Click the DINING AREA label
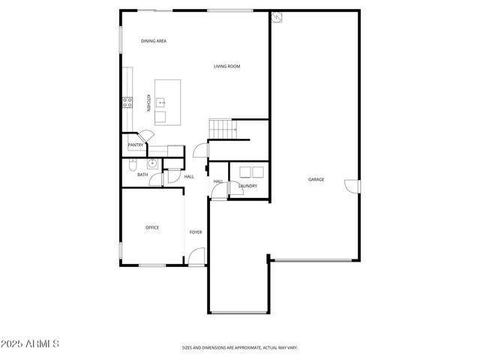coord(153,40)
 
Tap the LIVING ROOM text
coord(226,67)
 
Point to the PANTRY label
coord(136,145)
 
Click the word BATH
coord(142,175)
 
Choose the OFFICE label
coord(151,227)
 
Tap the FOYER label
coord(195,232)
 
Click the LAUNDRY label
coord(247,186)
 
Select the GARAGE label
coord(316,179)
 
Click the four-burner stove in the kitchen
coord(128,102)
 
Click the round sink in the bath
coord(151,163)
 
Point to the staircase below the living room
coord(221,129)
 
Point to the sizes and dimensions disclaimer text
coord(240,347)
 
